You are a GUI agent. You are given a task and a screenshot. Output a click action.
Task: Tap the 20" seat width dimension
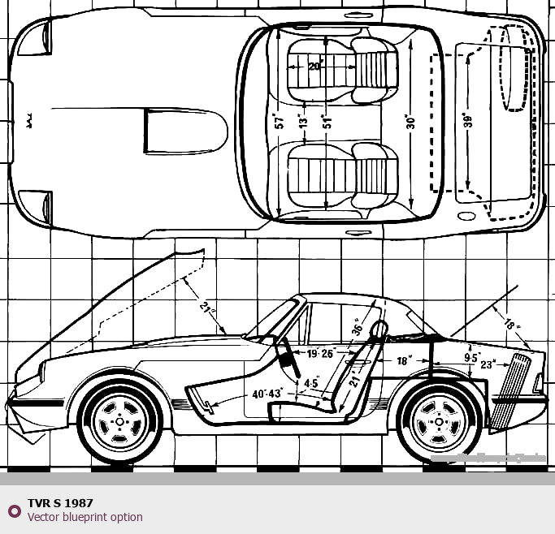pyautogui.click(x=315, y=66)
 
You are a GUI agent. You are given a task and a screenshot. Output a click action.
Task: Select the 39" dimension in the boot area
pyautogui.click(x=467, y=122)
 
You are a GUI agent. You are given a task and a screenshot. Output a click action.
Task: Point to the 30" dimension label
pyautogui.click(x=411, y=123)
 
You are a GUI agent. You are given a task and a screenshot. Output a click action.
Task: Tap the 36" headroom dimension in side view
pyautogui.click(x=358, y=325)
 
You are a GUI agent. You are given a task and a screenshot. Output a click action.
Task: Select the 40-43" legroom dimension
pyautogui.click(x=267, y=394)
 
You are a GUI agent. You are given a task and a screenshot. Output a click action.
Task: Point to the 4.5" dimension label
pyautogui.click(x=311, y=383)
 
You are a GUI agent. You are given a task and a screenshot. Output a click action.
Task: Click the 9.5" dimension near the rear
pyautogui.click(x=471, y=357)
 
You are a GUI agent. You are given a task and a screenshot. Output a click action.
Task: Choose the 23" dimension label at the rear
pyautogui.click(x=488, y=365)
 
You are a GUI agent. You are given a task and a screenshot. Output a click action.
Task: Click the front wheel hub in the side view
pyautogui.click(x=120, y=422)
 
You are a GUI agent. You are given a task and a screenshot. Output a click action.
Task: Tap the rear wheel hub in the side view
pyautogui.click(x=439, y=422)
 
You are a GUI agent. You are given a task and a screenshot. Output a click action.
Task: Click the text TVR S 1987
pyautogui.click(x=60, y=503)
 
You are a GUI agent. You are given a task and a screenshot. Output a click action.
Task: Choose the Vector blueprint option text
pyautogui.click(x=85, y=517)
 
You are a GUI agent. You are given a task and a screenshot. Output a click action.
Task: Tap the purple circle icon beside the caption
pyautogui.click(x=14, y=510)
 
